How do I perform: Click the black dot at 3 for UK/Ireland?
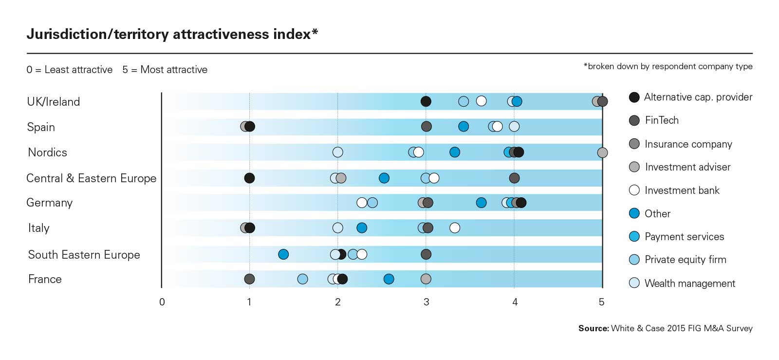pos(426,101)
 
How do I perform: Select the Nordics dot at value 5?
pos(602,152)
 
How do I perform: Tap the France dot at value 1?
pos(249,279)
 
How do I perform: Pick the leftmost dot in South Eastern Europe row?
pos(283,254)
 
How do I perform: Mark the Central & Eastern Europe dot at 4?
pos(514,178)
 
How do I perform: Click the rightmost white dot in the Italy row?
pos(455,227)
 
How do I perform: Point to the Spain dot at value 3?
pos(427,127)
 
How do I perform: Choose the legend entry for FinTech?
pos(661,120)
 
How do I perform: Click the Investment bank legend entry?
pos(682,190)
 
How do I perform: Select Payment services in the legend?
pos(684,237)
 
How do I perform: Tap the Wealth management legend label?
pos(689,284)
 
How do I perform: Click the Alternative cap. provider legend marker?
pos(634,97)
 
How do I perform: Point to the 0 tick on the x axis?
pos(162,302)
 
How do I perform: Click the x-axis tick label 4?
pos(515,302)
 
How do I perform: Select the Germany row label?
pos(50,203)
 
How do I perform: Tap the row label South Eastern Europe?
pos(84,255)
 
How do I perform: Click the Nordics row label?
pos(47,152)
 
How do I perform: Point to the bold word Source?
pos(593,328)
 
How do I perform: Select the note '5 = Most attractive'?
pos(165,70)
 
